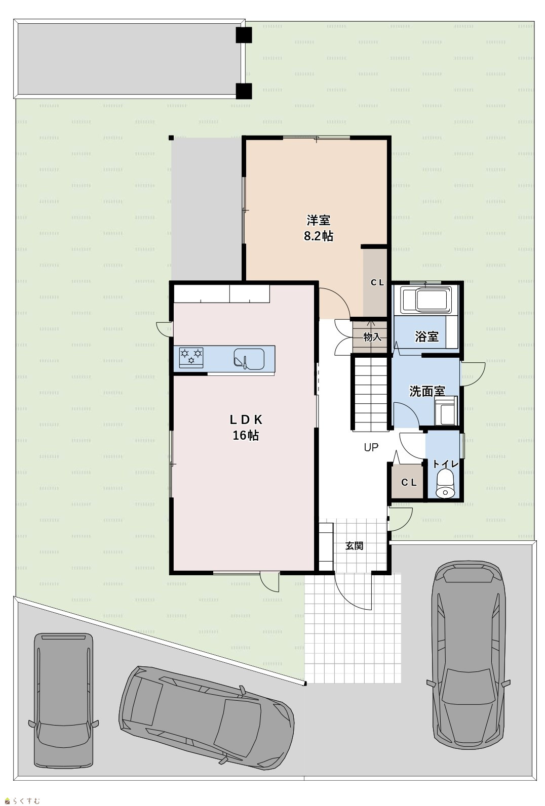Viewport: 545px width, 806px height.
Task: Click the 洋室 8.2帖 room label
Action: (x=319, y=228)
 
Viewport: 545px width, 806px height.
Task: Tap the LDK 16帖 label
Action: (x=246, y=428)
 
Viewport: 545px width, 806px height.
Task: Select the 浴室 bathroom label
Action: (x=426, y=337)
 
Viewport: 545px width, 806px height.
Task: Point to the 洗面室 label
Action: (x=427, y=392)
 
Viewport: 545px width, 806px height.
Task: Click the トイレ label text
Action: (x=446, y=464)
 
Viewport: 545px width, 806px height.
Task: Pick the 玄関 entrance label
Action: (x=354, y=546)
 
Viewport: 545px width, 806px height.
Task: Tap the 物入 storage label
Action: (x=372, y=337)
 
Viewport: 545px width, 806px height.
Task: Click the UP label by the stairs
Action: (x=371, y=447)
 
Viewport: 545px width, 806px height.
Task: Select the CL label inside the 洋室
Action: (x=377, y=283)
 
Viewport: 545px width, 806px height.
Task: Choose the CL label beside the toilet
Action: (x=409, y=483)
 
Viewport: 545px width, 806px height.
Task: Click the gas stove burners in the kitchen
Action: (x=191, y=357)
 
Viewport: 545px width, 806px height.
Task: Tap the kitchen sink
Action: (x=249, y=359)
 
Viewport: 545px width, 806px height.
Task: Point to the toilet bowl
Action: (x=445, y=484)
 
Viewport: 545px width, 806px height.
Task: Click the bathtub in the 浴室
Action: (x=426, y=300)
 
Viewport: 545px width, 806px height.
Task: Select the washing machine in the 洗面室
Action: (x=446, y=411)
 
